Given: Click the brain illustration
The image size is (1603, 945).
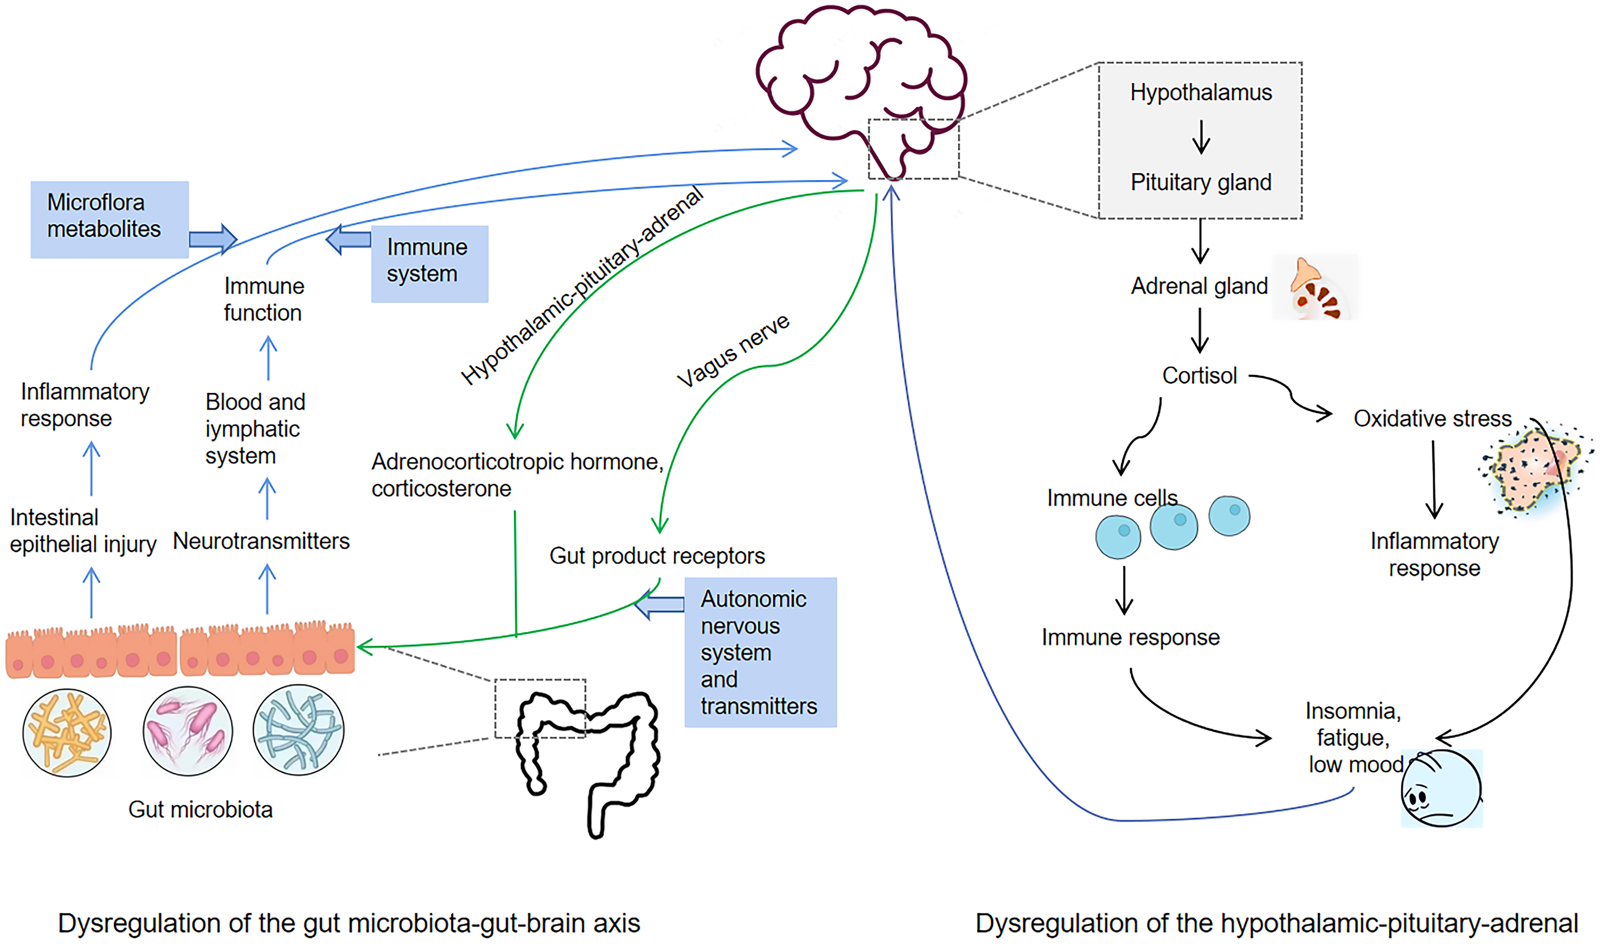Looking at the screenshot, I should (x=860, y=83).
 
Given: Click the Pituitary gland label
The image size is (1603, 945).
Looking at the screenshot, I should (x=1201, y=183).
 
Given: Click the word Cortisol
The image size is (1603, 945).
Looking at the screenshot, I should (x=1199, y=376).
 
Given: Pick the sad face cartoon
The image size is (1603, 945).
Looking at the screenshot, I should (x=1441, y=788).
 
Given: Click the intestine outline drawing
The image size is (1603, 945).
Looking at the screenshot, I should (x=589, y=758).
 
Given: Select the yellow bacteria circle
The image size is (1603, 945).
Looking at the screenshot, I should (x=67, y=732).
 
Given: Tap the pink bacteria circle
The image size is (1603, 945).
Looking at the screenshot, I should (x=188, y=731).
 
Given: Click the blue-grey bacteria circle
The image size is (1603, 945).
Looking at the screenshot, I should (x=298, y=730).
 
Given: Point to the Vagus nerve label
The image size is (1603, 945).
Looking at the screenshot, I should (x=732, y=350).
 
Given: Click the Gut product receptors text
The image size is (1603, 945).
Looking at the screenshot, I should (x=657, y=556).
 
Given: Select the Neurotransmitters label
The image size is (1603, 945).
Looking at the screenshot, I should (x=261, y=541).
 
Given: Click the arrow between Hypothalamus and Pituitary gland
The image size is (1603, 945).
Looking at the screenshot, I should (x=1201, y=137).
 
